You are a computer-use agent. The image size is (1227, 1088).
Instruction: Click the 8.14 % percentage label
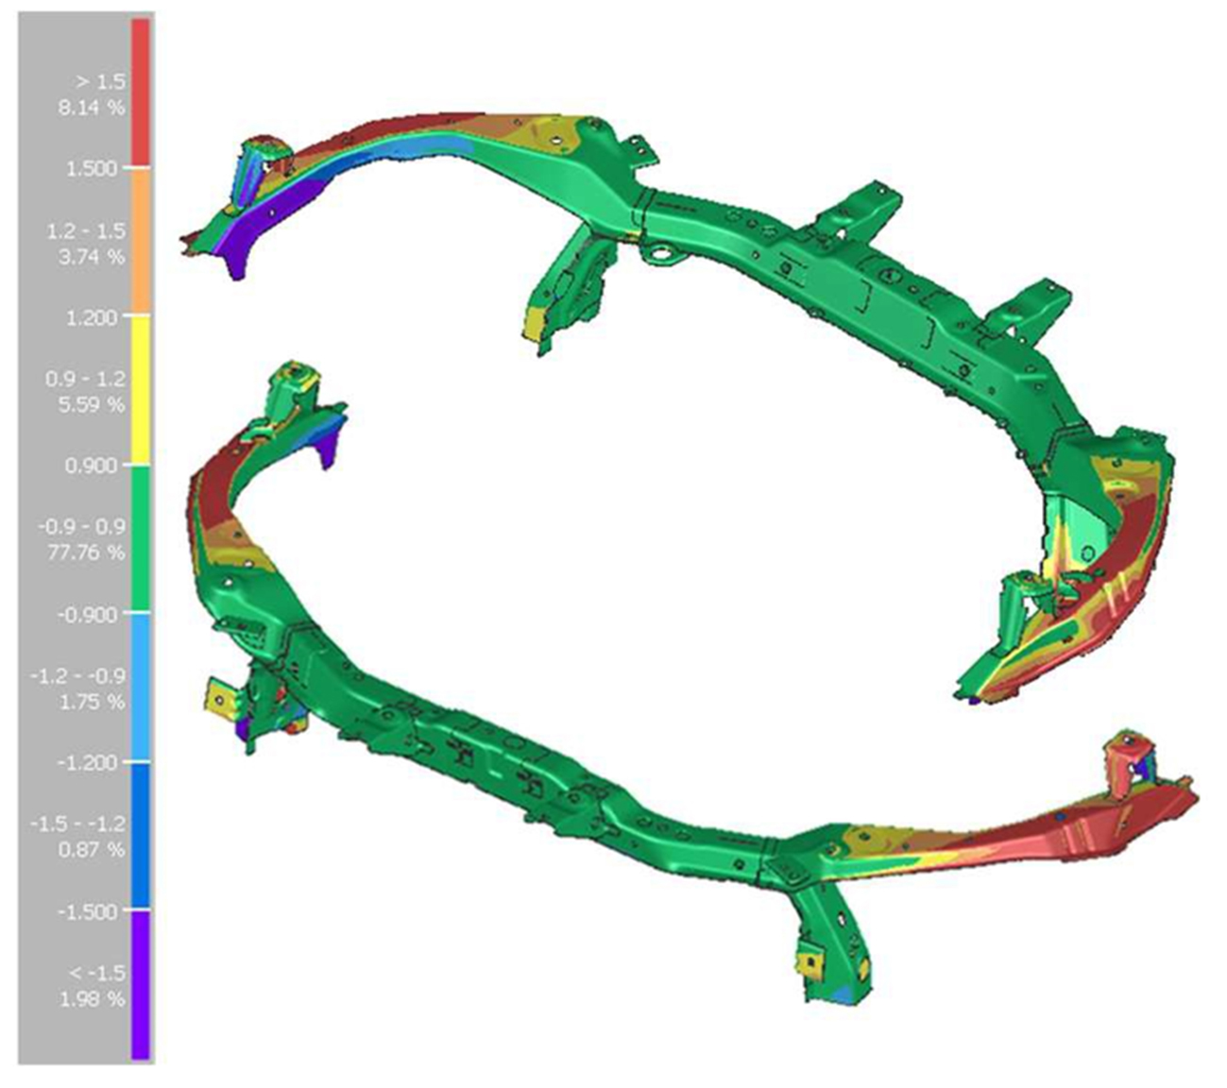coord(92,109)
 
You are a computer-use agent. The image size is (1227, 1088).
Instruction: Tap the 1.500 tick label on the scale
coord(92,168)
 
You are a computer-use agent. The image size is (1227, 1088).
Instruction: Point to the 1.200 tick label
coord(92,316)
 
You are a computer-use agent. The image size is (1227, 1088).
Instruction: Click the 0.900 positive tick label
coord(92,465)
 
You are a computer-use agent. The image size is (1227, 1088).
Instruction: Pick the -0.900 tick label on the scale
coord(88,614)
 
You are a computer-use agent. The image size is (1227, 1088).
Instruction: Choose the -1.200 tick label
coord(88,762)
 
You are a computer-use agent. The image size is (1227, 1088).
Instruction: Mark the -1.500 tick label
coord(88,911)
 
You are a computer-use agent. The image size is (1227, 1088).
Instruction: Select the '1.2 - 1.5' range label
coord(87,230)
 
